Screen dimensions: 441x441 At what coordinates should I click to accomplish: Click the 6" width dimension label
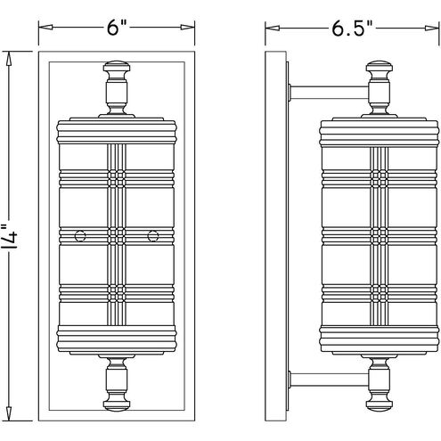point(117,29)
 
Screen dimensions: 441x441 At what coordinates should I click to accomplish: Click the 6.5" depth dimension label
point(352,29)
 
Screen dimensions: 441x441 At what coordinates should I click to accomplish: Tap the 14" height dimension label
point(11,236)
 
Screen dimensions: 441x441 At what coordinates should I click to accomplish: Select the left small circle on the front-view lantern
point(80,236)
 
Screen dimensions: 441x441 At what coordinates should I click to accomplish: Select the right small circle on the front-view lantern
point(153,236)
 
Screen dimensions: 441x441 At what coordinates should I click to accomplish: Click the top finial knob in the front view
point(117,67)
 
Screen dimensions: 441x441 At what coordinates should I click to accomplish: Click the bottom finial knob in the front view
point(117,404)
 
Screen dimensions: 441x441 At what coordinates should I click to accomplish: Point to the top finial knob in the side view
point(380,67)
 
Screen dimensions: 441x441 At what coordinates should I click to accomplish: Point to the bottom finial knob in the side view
point(380,404)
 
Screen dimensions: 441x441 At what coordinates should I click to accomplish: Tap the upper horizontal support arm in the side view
point(329,92)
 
